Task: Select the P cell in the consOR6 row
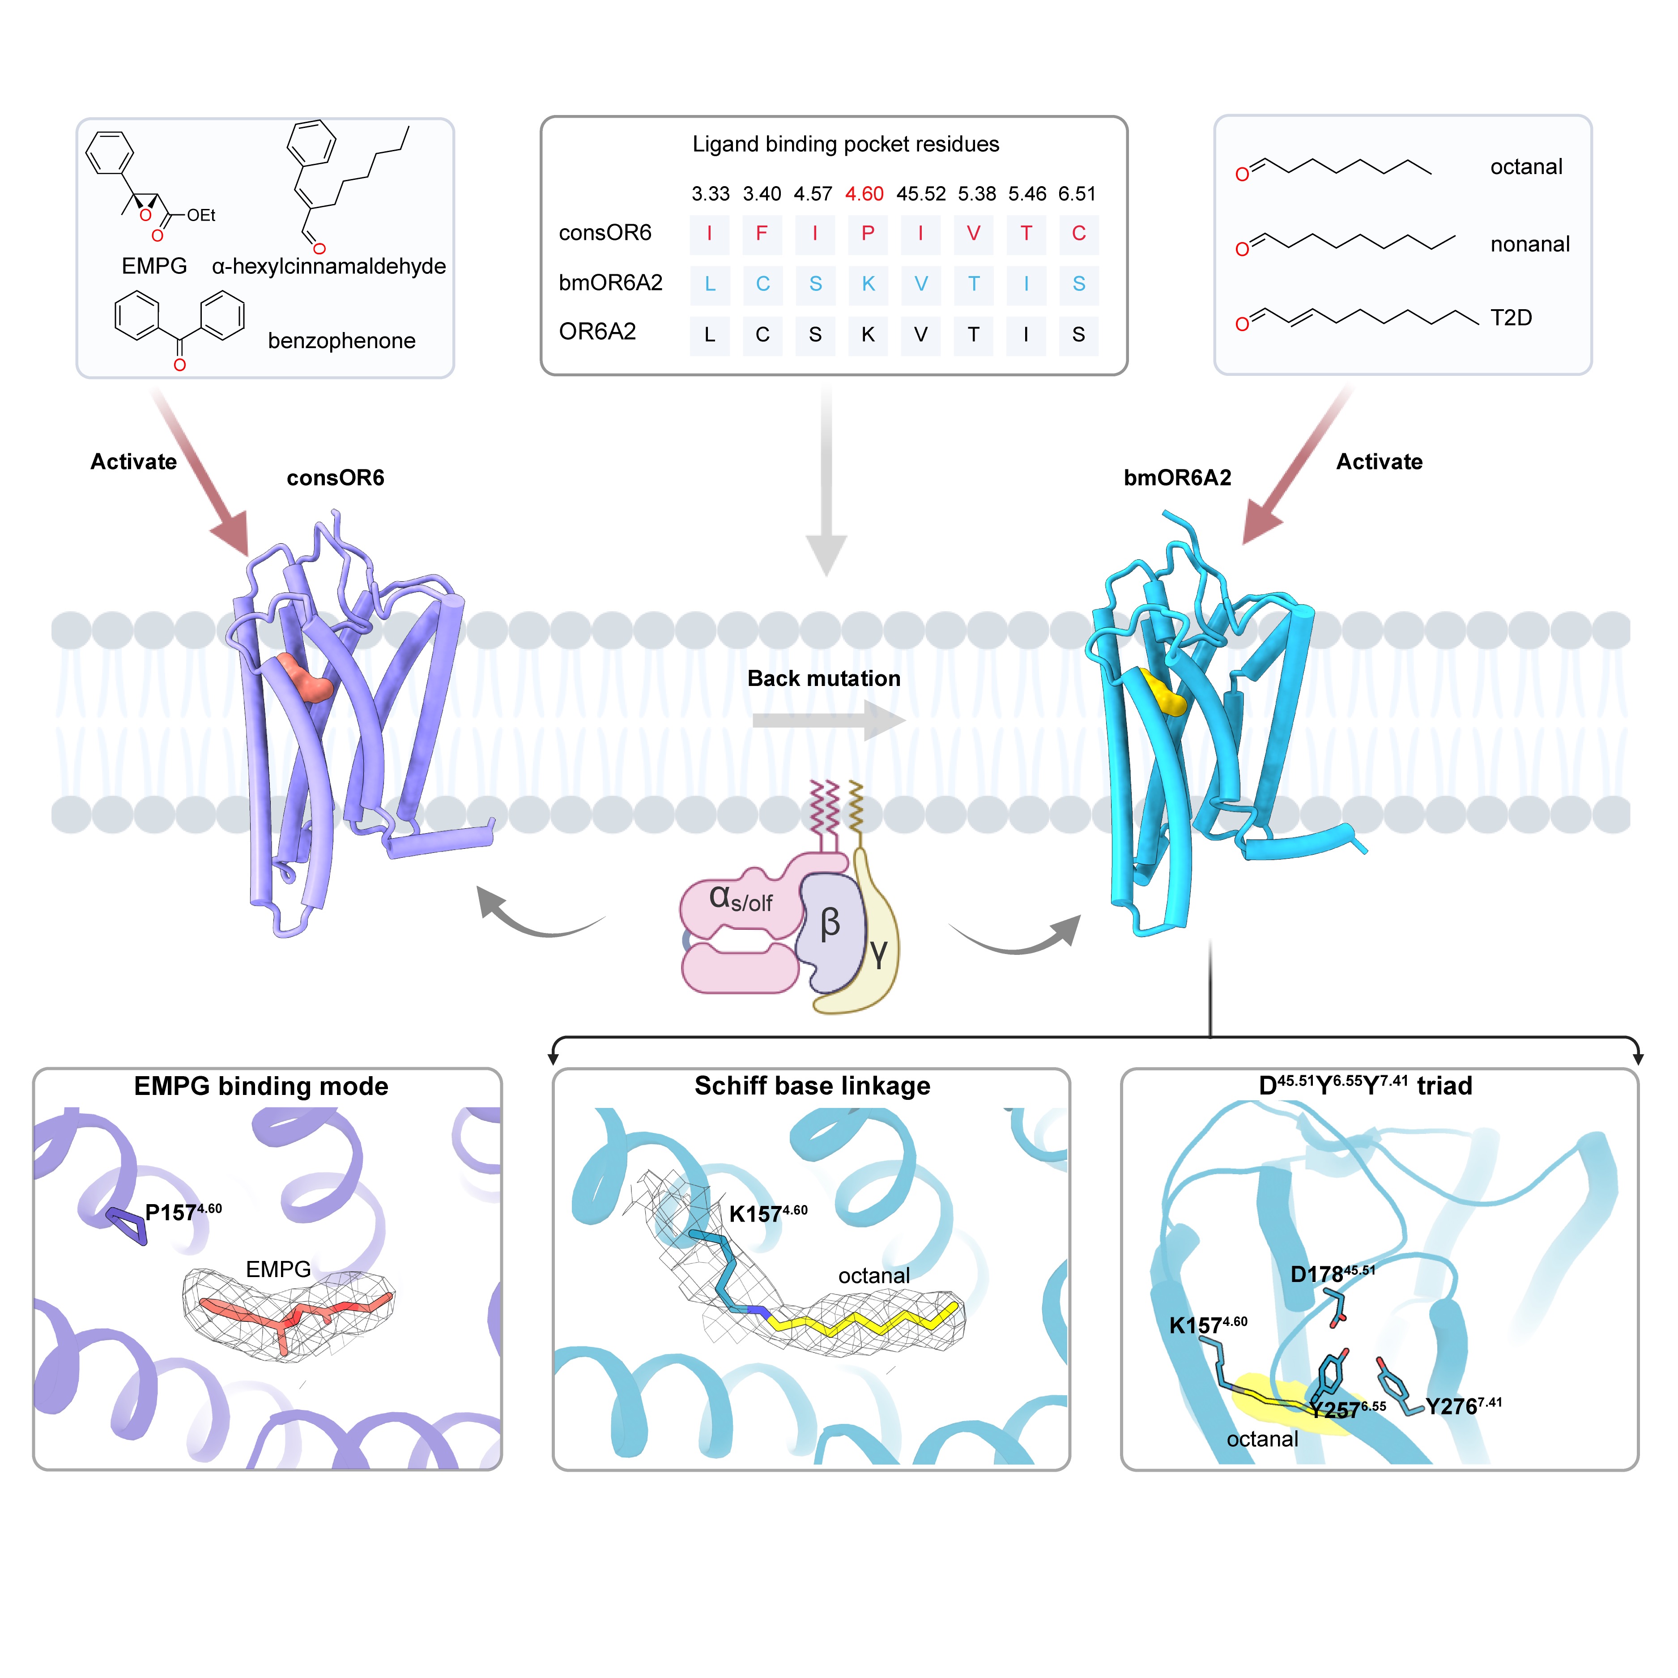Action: click(x=868, y=234)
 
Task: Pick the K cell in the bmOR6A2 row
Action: click(x=868, y=284)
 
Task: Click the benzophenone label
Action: click(x=341, y=341)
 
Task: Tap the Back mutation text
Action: click(x=823, y=678)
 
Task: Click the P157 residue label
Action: click(x=183, y=1213)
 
